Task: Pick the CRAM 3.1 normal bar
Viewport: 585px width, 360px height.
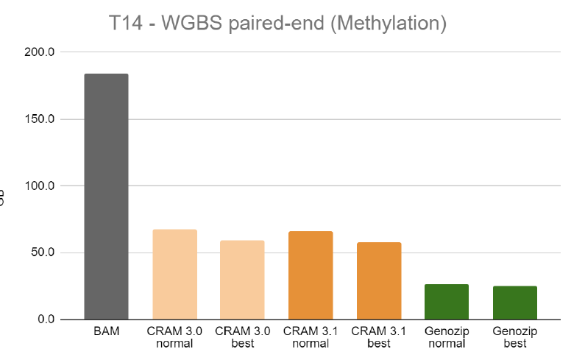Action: tap(311, 275)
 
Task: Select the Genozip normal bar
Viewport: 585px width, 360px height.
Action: tap(447, 302)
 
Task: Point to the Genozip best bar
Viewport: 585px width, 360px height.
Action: tap(515, 303)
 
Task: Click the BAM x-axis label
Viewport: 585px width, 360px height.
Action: tap(106, 332)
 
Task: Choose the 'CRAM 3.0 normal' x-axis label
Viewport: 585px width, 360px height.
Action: tap(174, 337)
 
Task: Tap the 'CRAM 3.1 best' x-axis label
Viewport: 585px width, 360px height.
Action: tap(379, 337)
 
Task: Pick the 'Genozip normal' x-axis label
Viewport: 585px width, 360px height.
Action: tap(447, 337)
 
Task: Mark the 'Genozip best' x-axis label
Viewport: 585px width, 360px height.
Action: tap(515, 337)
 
